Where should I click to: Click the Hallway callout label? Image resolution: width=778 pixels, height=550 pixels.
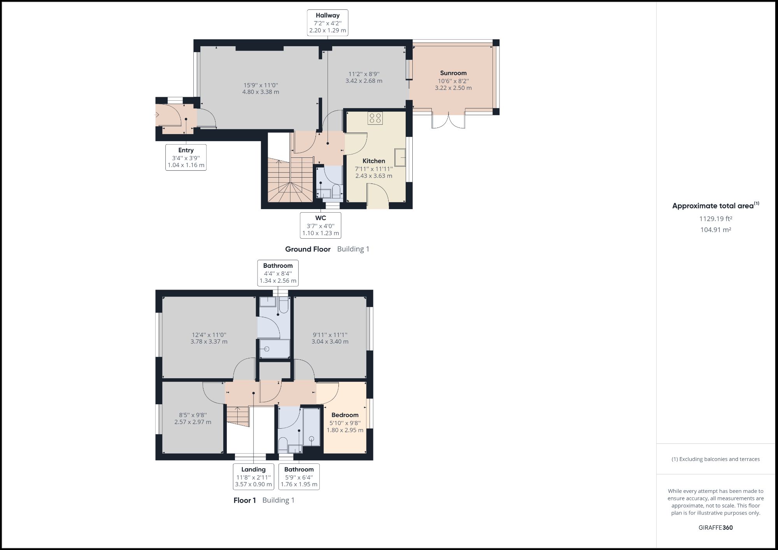pos(328,23)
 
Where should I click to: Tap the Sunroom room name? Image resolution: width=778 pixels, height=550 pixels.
pos(453,73)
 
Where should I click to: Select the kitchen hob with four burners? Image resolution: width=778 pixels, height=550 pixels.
pos(375,118)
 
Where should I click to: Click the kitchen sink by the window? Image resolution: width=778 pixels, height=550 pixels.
pos(400,157)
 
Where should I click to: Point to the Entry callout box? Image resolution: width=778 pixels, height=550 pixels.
pos(186,157)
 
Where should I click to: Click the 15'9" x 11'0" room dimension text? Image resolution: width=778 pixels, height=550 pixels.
pos(261,89)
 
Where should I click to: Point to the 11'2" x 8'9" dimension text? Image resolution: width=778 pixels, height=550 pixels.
pos(364,77)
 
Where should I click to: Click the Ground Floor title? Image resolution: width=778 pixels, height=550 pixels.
pos(308,249)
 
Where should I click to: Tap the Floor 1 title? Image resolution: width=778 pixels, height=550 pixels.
pos(245,500)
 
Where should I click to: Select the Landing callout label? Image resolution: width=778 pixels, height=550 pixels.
pos(253,477)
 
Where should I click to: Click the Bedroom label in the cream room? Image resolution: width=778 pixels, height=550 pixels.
pos(345,415)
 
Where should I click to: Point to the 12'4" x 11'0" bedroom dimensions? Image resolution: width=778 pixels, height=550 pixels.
pos(209,338)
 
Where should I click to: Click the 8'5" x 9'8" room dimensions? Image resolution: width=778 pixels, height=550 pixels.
pos(193,419)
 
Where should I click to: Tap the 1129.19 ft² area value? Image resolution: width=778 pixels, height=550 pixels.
pos(715,218)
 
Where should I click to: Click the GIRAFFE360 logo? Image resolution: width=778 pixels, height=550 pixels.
pos(715,527)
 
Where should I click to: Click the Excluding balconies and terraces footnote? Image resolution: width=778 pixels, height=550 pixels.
pos(715,459)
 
